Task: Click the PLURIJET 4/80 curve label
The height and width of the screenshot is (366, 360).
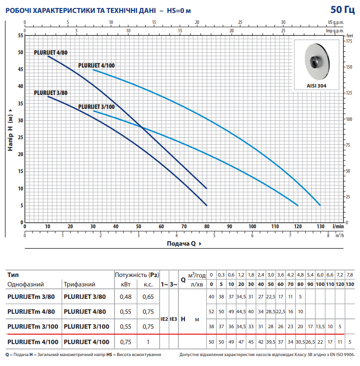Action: (x=51, y=52)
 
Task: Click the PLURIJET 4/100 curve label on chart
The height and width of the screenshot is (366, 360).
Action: (x=96, y=66)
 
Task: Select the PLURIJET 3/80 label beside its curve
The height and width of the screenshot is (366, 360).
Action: (x=51, y=92)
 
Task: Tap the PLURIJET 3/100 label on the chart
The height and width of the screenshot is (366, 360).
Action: (x=96, y=106)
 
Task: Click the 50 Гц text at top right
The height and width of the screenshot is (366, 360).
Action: (x=342, y=10)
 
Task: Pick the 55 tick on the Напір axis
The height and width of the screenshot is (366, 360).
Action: (x=20, y=35)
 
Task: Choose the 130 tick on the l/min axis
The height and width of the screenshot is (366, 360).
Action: (x=320, y=226)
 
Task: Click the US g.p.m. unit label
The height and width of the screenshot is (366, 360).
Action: (x=336, y=22)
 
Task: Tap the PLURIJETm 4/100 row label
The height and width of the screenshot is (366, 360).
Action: (x=33, y=342)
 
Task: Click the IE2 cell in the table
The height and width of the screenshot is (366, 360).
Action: (x=165, y=319)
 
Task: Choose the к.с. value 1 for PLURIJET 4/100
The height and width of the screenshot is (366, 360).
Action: (x=148, y=342)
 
